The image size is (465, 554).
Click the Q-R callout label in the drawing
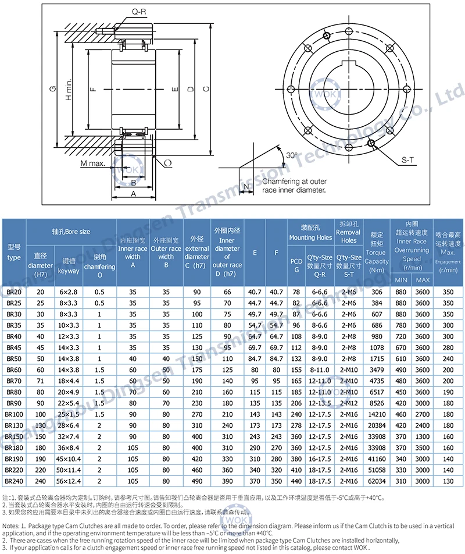138,11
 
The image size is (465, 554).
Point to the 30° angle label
291,155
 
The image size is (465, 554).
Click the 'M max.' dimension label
92,164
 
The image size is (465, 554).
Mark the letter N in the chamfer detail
246,187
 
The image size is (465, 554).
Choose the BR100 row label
14,414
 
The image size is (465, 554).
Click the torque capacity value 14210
376,414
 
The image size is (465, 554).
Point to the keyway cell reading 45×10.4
69,459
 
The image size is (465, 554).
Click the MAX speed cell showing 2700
423,414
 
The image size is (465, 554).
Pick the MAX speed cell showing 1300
423,436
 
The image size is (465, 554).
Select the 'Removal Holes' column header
349,236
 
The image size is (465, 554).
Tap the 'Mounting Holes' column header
310,233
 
